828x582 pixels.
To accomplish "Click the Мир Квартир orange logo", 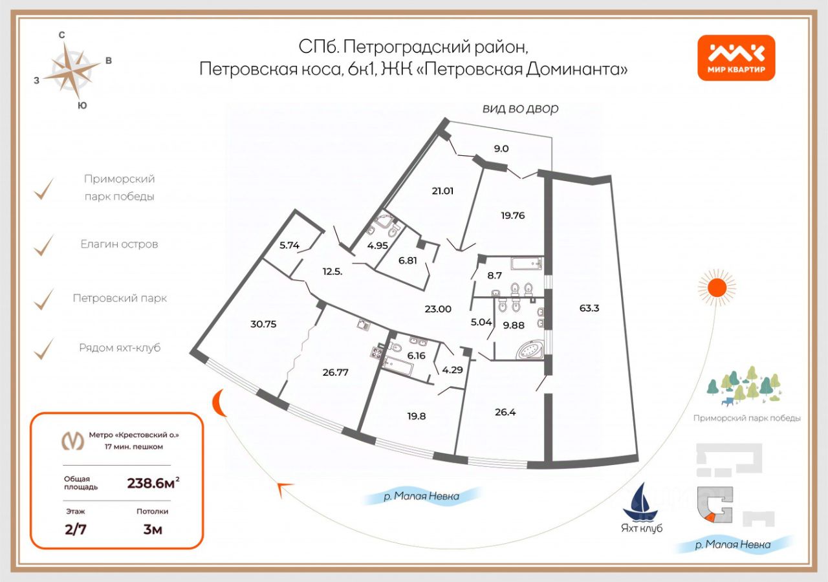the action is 736,58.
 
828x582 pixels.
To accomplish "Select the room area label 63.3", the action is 589,308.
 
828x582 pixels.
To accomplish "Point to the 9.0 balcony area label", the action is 501,148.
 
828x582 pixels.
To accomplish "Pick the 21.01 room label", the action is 445,190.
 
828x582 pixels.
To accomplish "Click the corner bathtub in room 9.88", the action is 528,350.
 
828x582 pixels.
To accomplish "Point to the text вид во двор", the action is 519,109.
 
